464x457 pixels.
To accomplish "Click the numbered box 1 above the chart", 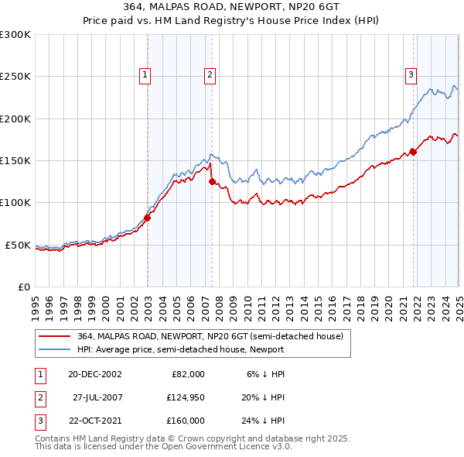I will (x=145, y=75).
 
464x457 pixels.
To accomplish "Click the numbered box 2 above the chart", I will (x=210, y=75).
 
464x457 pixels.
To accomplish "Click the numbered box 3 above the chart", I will (x=411, y=75).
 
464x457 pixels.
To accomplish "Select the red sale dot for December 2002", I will (x=147, y=218).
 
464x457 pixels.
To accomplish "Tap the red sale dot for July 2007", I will (x=212, y=182).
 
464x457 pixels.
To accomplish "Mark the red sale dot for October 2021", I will (x=413, y=152).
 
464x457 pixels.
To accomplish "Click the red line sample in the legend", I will (x=55, y=335).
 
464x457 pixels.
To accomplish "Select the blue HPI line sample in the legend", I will (x=55, y=349).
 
